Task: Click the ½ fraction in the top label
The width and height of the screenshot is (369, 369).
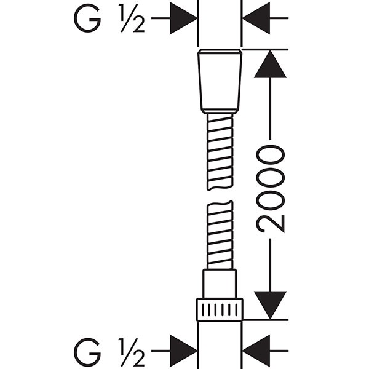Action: coord(132,18)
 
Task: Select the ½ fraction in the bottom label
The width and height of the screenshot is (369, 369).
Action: coord(132,352)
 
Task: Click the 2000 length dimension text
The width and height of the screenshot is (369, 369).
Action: coord(271,189)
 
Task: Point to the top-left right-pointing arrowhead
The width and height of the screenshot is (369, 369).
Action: coord(183,18)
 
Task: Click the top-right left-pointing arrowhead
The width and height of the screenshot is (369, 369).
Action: coord(256,18)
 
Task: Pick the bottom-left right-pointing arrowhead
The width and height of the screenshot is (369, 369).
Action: coord(183,351)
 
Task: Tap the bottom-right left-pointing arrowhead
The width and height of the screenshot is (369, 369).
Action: coord(256,351)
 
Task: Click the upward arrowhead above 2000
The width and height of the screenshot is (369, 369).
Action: coord(270,64)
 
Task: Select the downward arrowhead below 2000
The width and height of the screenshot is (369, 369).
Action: coord(270,305)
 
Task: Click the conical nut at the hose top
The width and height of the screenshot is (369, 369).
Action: coord(220,81)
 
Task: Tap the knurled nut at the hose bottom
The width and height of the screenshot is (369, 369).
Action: coord(220,310)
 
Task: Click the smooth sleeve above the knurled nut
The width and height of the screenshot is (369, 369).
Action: coord(220,284)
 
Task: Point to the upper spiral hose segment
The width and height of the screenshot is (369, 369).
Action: coord(220,151)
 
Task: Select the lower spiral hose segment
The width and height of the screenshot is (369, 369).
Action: coord(220,235)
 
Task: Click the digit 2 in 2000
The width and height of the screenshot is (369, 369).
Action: coord(271,224)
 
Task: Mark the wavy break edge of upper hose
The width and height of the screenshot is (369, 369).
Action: coord(220,188)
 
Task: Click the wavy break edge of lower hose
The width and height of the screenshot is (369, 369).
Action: coord(220,204)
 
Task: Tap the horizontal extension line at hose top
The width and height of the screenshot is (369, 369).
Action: coord(265,49)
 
